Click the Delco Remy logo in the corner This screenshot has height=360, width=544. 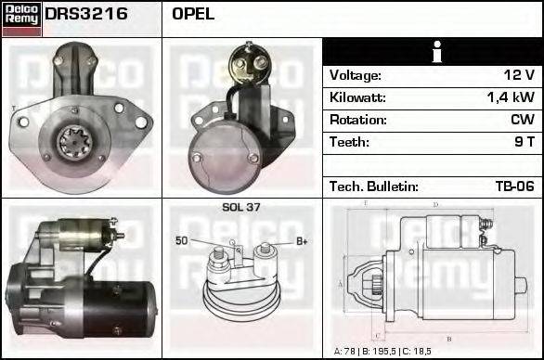click(x=20, y=19)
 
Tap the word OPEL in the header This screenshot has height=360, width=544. click(x=193, y=15)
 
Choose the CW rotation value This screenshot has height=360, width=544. click(x=522, y=120)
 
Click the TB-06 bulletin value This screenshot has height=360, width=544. click(x=513, y=186)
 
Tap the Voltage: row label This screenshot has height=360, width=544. click(x=356, y=75)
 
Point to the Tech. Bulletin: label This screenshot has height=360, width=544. click(x=373, y=186)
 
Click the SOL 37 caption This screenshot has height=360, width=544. click(x=240, y=208)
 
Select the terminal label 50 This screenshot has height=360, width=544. click(x=182, y=241)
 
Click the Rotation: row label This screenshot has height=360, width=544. click(x=357, y=120)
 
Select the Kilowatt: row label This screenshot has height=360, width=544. click(x=357, y=97)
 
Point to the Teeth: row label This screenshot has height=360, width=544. click(x=349, y=142)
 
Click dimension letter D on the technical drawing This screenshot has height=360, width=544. click(x=435, y=205)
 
